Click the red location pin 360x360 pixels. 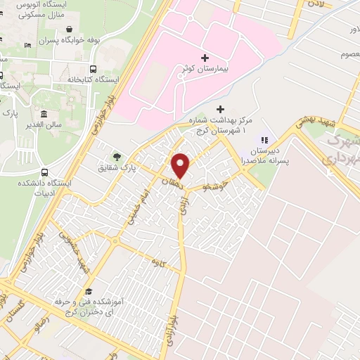click(x=181, y=165)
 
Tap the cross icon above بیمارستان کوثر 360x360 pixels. click(x=204, y=57)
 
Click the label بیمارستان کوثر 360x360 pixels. click(x=203, y=72)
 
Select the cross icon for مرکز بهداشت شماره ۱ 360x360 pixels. click(x=221, y=109)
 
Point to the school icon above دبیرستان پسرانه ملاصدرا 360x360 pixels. click(x=264, y=139)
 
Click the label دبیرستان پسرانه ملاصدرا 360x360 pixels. click(x=265, y=155)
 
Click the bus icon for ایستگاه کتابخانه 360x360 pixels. click(x=93, y=68)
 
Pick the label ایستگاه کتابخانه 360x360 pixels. click(x=90, y=80)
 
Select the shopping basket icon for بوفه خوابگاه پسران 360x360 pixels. click(x=70, y=30)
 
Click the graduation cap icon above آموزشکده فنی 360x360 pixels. click(x=88, y=291)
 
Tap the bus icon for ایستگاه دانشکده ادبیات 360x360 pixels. click(x=45, y=172)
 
